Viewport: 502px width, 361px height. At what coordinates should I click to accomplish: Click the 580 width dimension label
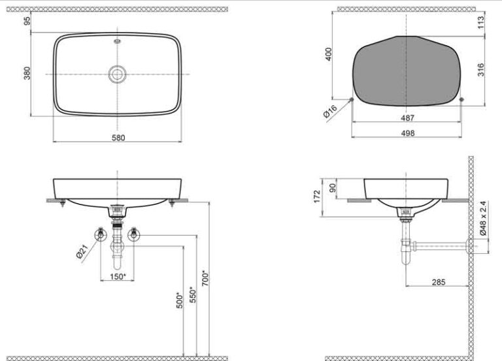pyautogui.click(x=118, y=138)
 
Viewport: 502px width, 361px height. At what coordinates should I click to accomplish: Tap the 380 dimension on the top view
pyautogui.click(x=27, y=73)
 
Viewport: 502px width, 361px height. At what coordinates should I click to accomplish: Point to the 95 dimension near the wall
pyautogui.click(x=27, y=21)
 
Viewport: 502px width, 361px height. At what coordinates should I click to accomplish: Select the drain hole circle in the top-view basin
pyautogui.click(x=117, y=74)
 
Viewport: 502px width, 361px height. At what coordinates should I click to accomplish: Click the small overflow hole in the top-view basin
pyautogui.click(x=118, y=41)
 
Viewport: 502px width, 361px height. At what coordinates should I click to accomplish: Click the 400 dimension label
pyautogui.click(x=329, y=54)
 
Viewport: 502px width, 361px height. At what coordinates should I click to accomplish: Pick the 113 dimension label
pyautogui.click(x=481, y=22)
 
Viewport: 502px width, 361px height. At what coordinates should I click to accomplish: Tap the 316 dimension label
pyautogui.click(x=481, y=70)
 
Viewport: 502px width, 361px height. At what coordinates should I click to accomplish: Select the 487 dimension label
pyautogui.click(x=408, y=118)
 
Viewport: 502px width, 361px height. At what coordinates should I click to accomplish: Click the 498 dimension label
pyautogui.click(x=408, y=133)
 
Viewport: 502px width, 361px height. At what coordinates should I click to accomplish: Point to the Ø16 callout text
pyautogui.click(x=330, y=112)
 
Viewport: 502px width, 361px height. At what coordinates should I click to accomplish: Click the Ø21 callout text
pyautogui.click(x=82, y=252)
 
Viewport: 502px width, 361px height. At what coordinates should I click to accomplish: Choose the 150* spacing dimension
pyautogui.click(x=118, y=276)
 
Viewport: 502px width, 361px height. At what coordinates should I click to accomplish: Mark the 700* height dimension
pyautogui.click(x=205, y=279)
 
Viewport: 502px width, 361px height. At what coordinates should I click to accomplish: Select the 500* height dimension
pyautogui.click(x=180, y=300)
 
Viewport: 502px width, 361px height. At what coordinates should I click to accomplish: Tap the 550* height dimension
pyautogui.click(x=192, y=294)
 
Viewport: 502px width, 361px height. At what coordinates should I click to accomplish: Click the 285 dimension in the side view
pyautogui.click(x=439, y=282)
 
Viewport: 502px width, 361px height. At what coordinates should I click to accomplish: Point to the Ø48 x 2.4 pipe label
pyautogui.click(x=483, y=219)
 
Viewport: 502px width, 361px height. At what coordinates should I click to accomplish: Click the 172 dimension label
pyautogui.click(x=317, y=196)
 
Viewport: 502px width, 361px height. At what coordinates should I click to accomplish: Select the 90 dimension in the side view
pyautogui.click(x=333, y=188)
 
